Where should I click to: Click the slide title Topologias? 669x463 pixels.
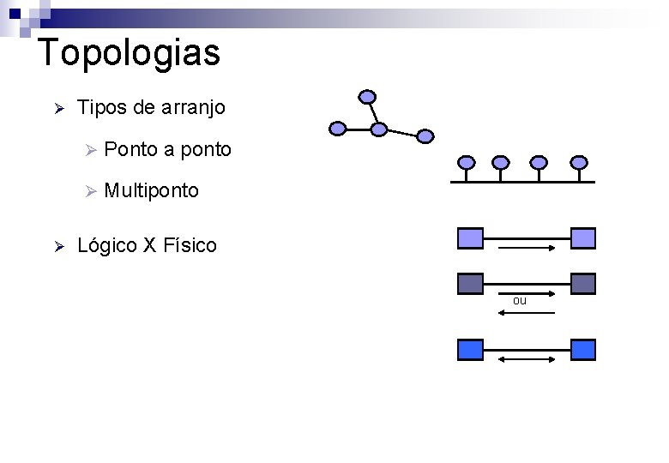pyautogui.click(x=130, y=52)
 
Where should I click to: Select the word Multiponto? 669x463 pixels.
pyautogui.click(x=151, y=190)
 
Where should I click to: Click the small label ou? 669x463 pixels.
pyautogui.click(x=520, y=301)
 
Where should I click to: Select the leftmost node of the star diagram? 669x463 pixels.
pyautogui.click(x=338, y=129)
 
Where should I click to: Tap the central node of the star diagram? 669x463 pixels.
pyautogui.click(x=379, y=129)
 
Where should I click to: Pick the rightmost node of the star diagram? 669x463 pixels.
pyautogui.click(x=425, y=135)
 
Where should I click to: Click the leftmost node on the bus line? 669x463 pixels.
pyautogui.click(x=466, y=162)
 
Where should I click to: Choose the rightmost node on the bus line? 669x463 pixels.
pyautogui.click(x=580, y=162)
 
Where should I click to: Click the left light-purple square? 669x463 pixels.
pyautogui.click(x=471, y=238)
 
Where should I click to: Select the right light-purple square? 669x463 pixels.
pyautogui.click(x=583, y=238)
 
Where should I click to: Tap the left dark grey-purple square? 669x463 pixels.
pyautogui.click(x=471, y=284)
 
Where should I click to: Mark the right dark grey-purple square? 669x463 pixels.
pyautogui.click(x=583, y=284)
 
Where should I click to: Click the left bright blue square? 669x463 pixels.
pyautogui.click(x=471, y=349)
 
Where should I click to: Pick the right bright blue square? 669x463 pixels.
pyautogui.click(x=583, y=349)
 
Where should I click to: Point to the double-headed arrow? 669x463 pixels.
pyautogui.click(x=527, y=359)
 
